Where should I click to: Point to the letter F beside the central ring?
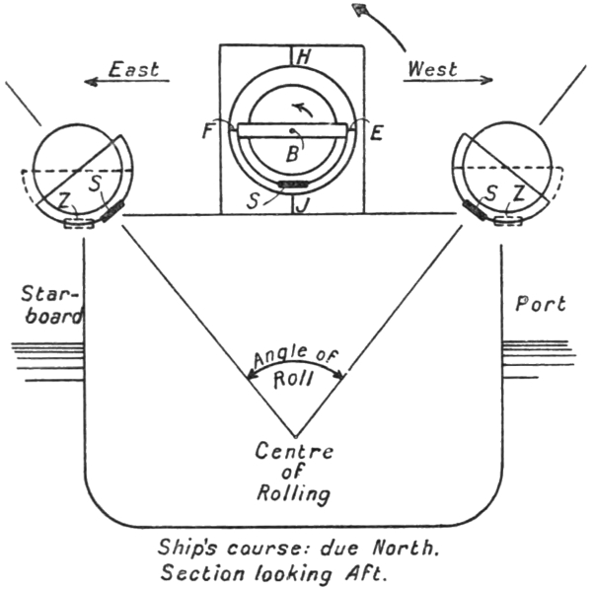tap(209, 131)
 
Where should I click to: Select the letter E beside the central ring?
tap(376, 135)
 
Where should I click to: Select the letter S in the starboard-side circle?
tap(96, 183)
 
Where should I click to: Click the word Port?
tap(542, 305)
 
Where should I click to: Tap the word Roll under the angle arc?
tap(294, 384)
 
